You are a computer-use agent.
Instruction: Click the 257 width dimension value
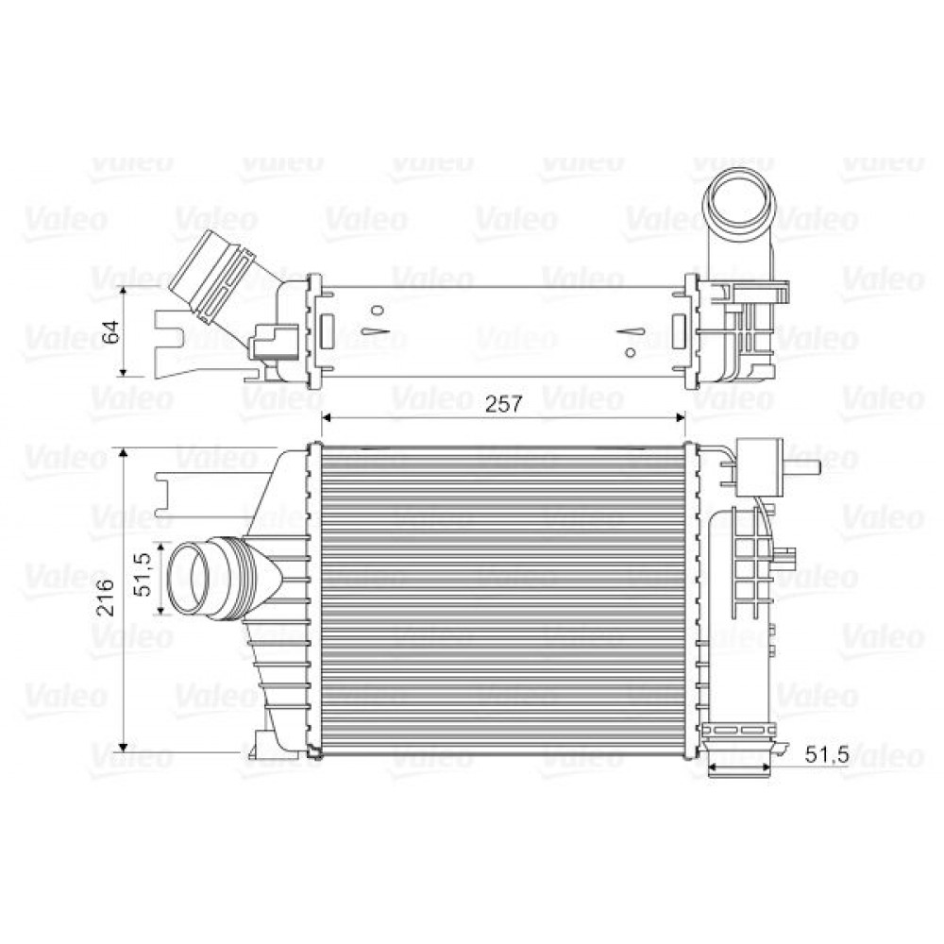click(504, 405)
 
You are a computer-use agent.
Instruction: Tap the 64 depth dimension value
click(111, 331)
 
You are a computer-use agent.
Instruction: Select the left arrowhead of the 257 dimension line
click(328, 416)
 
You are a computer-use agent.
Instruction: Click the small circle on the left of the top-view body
click(377, 310)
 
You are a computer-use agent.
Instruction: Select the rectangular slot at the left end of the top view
click(328, 331)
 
